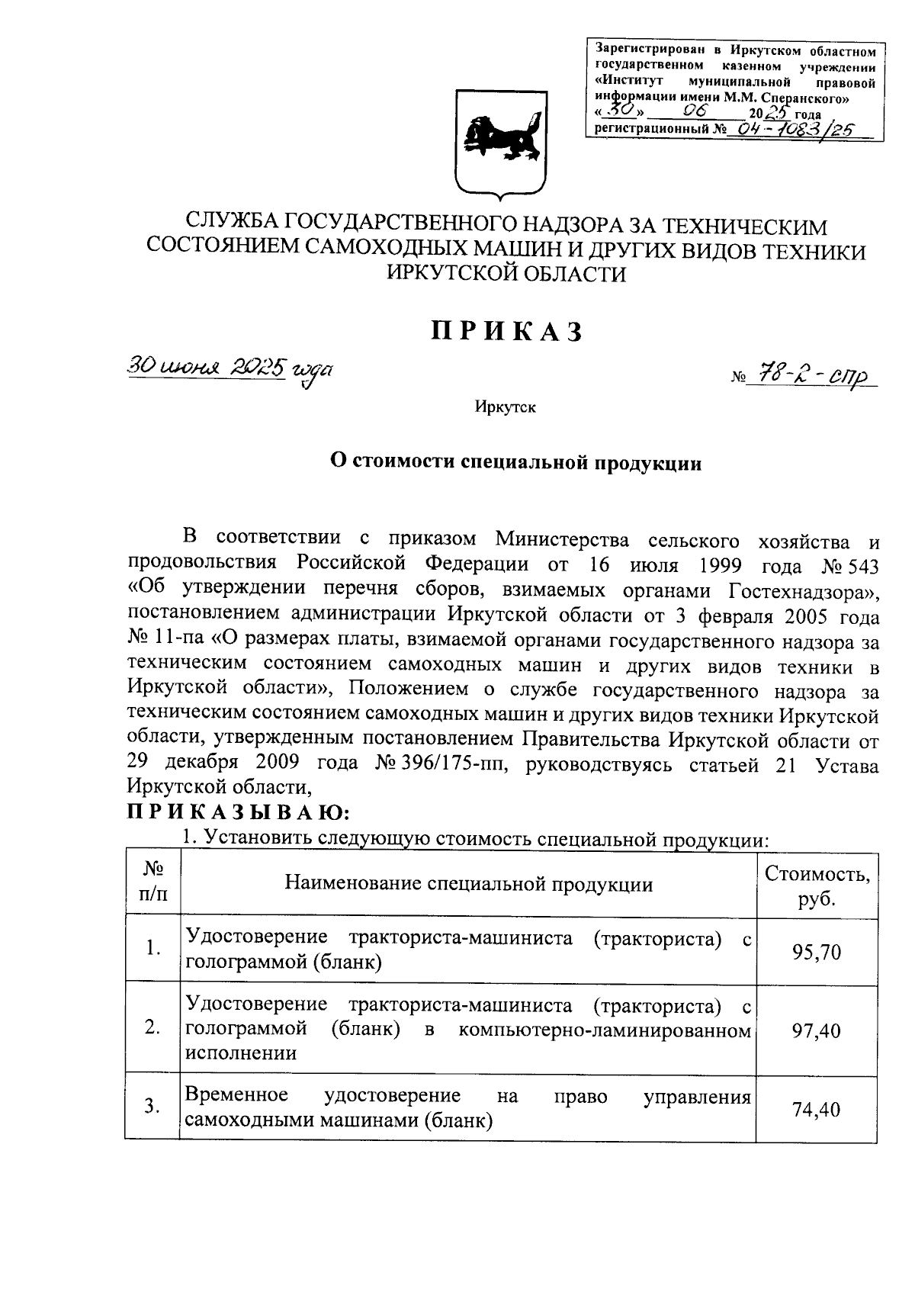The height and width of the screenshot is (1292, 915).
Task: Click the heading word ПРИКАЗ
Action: [x=507, y=332]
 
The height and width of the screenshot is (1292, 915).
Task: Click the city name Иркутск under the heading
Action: [x=505, y=407]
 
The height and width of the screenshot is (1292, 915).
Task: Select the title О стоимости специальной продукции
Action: [x=515, y=462]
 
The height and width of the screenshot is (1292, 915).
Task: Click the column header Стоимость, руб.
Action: [x=817, y=885]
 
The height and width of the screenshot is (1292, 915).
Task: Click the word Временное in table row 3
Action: [x=236, y=1095]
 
